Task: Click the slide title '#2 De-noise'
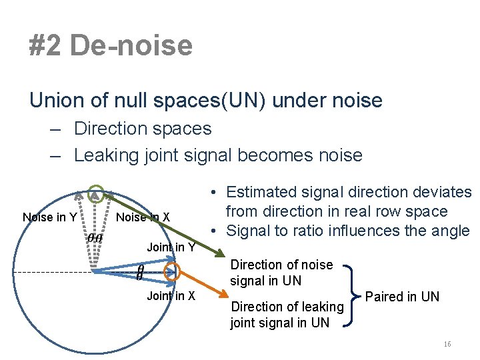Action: (111, 46)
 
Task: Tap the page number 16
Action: (447, 344)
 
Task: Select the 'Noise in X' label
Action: (143, 217)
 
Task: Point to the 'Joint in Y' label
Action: (171, 247)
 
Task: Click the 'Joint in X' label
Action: (171, 296)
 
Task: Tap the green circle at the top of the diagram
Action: (97, 193)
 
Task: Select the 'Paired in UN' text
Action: (403, 297)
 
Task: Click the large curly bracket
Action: (350, 295)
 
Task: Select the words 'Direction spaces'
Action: (143, 128)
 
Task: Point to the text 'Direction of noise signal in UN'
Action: (281, 273)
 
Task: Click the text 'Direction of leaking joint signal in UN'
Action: (287, 315)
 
